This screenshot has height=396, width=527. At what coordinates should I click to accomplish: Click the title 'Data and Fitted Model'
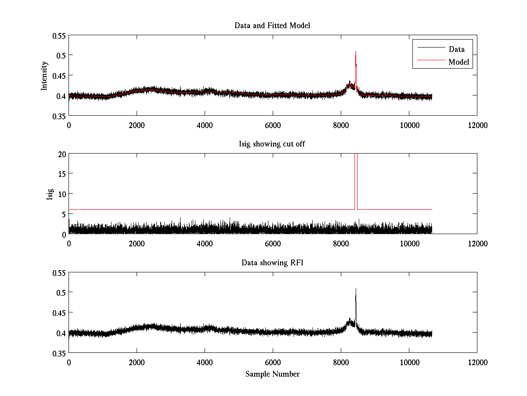[272, 26]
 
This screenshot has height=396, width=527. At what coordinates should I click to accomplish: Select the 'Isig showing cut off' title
[272, 144]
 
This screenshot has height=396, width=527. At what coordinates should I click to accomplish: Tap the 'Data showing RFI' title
[272, 263]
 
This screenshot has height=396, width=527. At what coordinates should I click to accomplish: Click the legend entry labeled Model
[458, 62]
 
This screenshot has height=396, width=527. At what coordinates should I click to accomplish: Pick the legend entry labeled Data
[456, 49]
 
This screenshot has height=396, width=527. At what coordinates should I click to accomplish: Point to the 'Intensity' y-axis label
[44, 75]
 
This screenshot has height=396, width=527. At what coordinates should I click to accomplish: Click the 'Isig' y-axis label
[50, 194]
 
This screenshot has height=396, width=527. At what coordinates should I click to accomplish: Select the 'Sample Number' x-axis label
[272, 374]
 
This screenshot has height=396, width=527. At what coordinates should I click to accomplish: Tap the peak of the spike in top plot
[356, 51]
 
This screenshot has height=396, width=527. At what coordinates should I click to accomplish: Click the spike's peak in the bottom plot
[356, 289]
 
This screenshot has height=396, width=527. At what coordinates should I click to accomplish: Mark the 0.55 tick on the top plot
[59, 35]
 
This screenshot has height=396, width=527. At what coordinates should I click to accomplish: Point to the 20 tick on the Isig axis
[61, 154]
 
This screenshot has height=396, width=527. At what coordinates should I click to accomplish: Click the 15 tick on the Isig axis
[61, 174]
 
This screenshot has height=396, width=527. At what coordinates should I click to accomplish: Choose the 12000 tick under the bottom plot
[477, 362]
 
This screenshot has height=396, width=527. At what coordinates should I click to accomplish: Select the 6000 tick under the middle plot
[273, 243]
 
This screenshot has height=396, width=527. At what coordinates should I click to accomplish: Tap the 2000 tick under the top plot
[137, 125]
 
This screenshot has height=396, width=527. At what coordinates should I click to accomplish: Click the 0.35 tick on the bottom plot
[59, 353]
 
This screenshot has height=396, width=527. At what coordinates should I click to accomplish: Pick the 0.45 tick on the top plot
[59, 75]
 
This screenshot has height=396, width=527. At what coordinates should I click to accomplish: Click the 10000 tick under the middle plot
[409, 243]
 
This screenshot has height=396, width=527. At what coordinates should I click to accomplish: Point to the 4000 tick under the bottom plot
[205, 362]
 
